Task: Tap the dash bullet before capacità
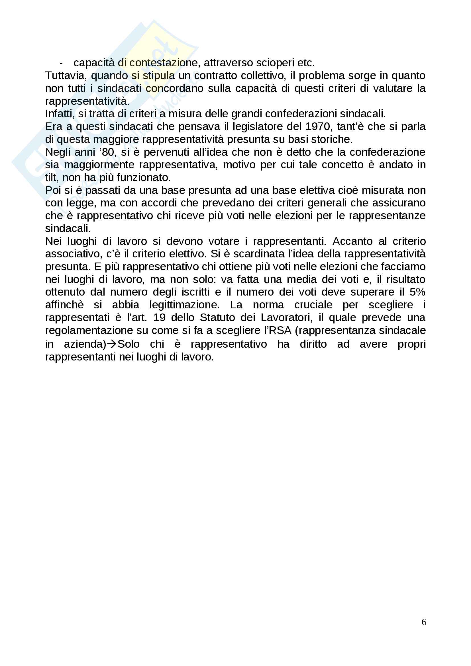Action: pos(61,63)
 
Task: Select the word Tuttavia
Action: pos(66,76)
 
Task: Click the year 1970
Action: pos(317,126)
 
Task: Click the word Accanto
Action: pos(352,241)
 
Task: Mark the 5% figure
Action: pos(417,292)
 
